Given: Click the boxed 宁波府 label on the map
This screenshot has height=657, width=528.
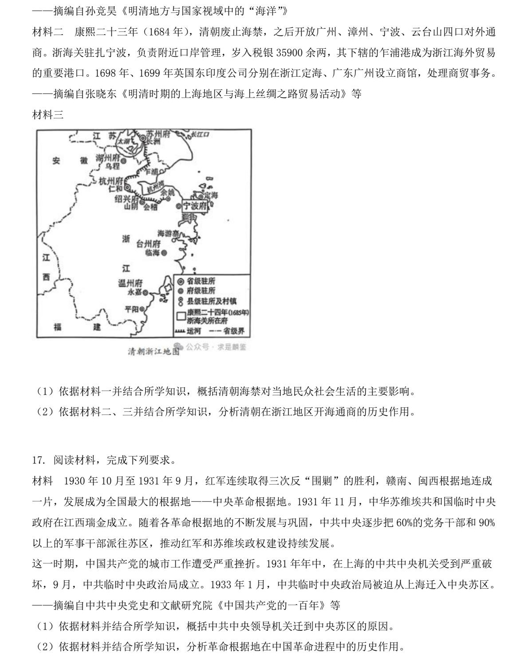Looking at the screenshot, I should click(x=195, y=206).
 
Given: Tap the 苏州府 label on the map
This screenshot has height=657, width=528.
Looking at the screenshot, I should click(x=158, y=134).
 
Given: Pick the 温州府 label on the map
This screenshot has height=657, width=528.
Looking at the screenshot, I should click(x=130, y=283).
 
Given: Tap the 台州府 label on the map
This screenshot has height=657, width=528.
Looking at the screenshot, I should click(x=148, y=244).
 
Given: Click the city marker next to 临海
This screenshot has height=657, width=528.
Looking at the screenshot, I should click(x=164, y=253).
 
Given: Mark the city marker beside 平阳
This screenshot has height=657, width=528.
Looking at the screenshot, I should click(x=142, y=309).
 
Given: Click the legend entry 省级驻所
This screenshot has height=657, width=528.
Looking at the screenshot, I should click(x=201, y=282).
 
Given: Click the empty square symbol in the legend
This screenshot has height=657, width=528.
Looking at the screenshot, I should click(x=181, y=316).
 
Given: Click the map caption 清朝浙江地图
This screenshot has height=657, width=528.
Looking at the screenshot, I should click(x=154, y=351).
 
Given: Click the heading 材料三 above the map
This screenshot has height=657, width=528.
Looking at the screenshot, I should click(x=48, y=115).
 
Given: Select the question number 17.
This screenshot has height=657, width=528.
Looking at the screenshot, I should click(x=38, y=460).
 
